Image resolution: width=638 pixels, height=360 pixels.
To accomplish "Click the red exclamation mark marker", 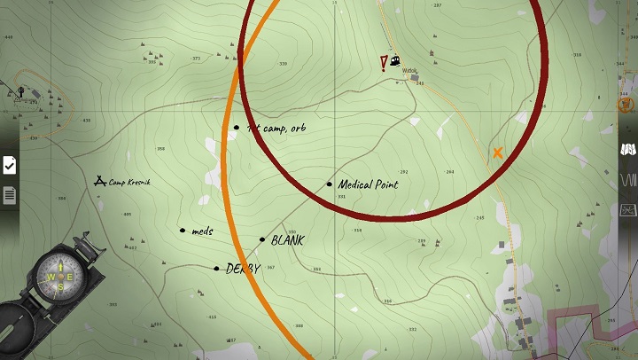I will coord(384,62).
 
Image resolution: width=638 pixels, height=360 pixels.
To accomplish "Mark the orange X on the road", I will coord(498,153).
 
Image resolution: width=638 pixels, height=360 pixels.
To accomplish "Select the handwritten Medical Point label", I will coord(369,184).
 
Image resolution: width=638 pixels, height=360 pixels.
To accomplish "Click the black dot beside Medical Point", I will coord(330,184).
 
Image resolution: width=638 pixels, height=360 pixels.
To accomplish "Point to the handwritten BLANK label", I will coord(288,240).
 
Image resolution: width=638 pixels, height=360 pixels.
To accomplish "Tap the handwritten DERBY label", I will coord(243,269).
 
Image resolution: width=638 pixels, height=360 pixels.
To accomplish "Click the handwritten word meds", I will coord(203,231).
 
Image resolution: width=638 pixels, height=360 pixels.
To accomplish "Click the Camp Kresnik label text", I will coord(132,182).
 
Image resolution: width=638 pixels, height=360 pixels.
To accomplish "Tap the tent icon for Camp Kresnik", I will coord(100,181).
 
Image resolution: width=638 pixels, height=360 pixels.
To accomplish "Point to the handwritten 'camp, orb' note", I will coord(279,129).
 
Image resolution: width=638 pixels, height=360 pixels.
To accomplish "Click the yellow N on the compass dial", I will coord(60,265).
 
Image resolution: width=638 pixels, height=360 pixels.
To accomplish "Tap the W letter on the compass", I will coord(50,277).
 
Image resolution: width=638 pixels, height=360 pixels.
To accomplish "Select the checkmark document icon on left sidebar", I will coord(9,165).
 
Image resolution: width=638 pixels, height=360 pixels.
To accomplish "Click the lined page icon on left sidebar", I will coord(9,194).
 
